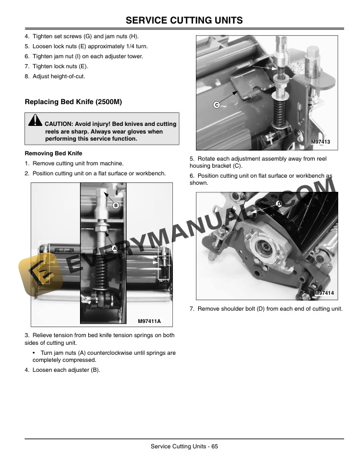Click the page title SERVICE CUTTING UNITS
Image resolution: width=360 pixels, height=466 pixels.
coord(180,21)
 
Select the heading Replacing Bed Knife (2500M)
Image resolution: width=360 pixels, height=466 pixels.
coord(73,102)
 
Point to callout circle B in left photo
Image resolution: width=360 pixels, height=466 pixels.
coord(116,205)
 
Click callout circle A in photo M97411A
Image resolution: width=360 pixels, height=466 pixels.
coord(115,249)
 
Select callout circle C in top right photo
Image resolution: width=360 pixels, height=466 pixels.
coord(216,104)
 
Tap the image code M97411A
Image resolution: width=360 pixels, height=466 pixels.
coord(149,321)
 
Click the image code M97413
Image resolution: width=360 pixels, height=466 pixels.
coord(321,142)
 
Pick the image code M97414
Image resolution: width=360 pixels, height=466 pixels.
coord(324,293)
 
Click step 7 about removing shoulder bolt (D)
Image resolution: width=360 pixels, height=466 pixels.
coord(266,309)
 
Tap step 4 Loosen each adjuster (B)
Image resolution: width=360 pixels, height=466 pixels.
coord(62,370)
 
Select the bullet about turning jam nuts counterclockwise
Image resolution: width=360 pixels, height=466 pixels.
coord(103,356)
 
